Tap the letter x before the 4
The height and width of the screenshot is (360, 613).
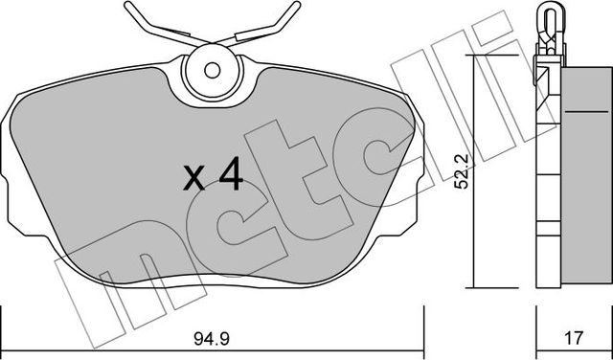[x=193, y=178]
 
